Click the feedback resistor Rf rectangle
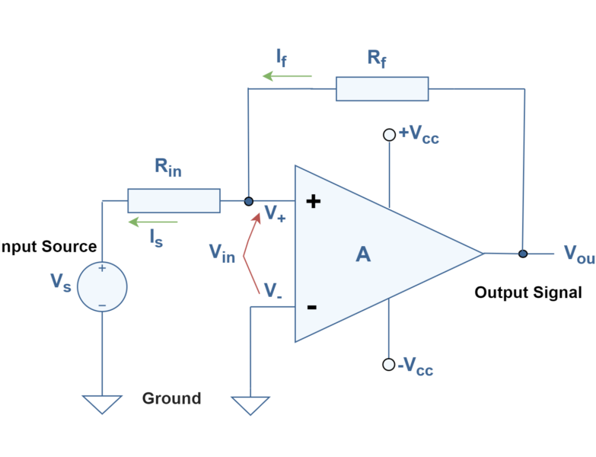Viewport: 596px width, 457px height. (382, 88)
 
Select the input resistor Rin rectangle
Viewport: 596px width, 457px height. (174, 201)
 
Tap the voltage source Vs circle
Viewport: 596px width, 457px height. (102, 287)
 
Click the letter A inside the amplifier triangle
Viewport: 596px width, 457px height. (363, 254)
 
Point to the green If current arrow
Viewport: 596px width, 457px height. (287, 76)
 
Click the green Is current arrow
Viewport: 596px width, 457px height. (152, 222)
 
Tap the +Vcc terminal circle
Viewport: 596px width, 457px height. (389, 135)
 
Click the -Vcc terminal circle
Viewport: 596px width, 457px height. (389, 364)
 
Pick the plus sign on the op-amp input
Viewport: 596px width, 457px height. (313, 202)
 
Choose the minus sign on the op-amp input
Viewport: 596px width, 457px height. (311, 307)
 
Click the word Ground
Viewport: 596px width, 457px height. (171, 398)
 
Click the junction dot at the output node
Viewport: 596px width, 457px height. (523, 254)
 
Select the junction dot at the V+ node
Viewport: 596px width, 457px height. (248, 201)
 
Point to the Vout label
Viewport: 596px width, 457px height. (578, 254)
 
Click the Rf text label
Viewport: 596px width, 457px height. (376, 58)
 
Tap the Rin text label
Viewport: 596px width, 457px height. (167, 167)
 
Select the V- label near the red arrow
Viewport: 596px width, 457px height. (273, 290)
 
